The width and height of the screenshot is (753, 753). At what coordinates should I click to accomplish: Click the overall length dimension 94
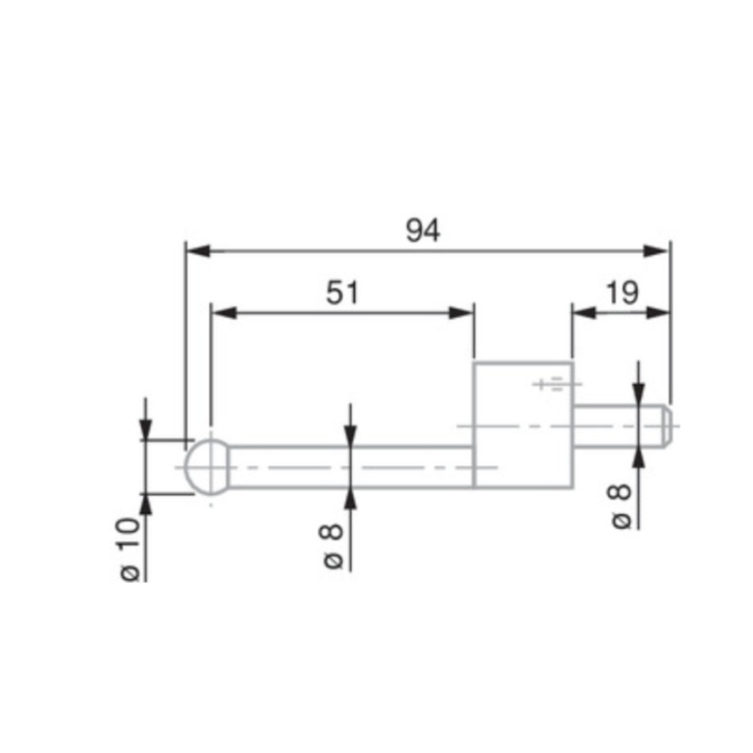click(x=423, y=231)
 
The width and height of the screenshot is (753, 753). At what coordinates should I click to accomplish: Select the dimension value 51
click(x=343, y=293)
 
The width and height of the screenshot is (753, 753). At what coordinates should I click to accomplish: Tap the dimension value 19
click(x=621, y=293)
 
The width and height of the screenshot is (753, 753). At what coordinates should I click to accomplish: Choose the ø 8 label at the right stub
click(x=622, y=505)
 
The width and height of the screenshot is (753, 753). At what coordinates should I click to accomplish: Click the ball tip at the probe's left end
click(x=208, y=467)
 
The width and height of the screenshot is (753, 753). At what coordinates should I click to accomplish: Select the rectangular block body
click(x=522, y=425)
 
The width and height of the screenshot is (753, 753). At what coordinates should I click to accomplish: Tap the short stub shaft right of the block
click(x=617, y=425)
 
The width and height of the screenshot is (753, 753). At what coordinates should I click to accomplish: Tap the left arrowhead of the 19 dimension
click(x=582, y=312)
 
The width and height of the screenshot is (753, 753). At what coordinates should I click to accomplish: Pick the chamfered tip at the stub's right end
click(x=666, y=425)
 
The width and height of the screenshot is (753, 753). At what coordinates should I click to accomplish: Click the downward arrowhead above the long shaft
click(x=350, y=436)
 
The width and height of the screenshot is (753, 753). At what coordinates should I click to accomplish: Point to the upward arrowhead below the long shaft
click(x=350, y=498)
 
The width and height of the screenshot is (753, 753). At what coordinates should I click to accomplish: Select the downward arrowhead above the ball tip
click(x=145, y=430)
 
